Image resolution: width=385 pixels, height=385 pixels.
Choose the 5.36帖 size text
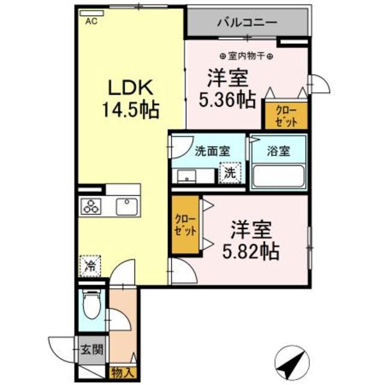(x=228, y=98)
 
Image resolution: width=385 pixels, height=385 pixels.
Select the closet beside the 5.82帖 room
(x=184, y=224)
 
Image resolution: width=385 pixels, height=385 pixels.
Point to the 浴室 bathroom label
(x=279, y=152)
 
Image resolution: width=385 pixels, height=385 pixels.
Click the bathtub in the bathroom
(x=279, y=176)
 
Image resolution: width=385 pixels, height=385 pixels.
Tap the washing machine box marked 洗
(x=230, y=173)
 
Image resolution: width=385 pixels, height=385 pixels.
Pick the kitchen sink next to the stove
(x=127, y=208)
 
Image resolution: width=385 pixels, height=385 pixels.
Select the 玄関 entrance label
(x=92, y=349)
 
